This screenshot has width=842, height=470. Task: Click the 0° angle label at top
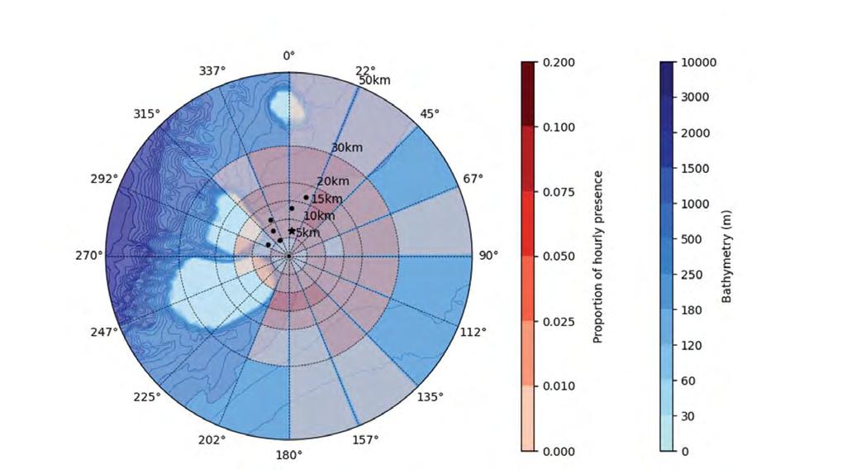289,56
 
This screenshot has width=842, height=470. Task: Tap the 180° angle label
289,455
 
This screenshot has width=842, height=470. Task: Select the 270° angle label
88,256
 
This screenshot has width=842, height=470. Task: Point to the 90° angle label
488,256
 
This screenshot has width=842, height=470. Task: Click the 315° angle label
146,114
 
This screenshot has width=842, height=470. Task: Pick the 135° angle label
431,397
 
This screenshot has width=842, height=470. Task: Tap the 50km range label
375,80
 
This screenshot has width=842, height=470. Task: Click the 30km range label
347,147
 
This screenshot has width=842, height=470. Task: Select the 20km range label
333,182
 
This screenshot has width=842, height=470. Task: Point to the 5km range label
308,233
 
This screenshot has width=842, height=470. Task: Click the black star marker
292,231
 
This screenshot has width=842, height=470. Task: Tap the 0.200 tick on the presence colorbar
559,62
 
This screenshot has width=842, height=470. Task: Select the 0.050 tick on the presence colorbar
559,257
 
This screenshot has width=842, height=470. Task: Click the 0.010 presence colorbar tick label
559,386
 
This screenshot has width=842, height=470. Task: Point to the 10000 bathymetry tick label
698,62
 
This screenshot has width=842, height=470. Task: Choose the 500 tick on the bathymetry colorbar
692,239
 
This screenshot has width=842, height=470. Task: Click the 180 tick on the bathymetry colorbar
692,310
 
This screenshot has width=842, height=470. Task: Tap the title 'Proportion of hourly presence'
598,257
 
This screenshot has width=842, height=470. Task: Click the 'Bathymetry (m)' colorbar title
726,257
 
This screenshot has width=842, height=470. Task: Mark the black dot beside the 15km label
306,198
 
